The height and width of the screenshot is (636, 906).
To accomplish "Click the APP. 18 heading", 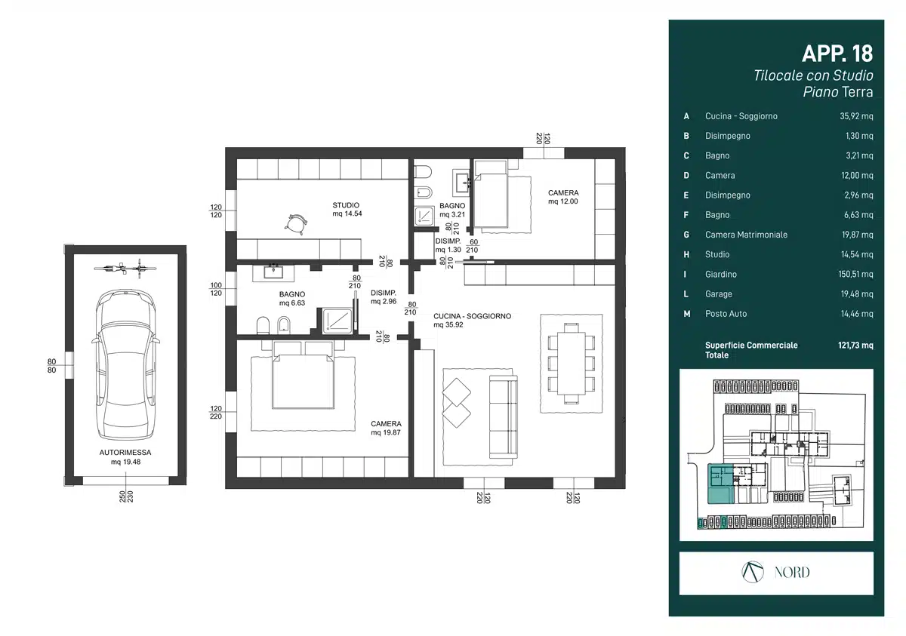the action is [x=837, y=54].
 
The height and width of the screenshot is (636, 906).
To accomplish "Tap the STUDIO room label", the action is [x=346, y=205].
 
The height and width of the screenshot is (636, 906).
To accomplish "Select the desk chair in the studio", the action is [x=296, y=224].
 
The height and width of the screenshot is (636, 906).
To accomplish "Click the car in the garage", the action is [x=125, y=364].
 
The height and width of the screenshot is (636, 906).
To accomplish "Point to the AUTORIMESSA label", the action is [x=125, y=453].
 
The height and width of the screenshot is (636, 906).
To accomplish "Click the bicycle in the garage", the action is [x=125, y=268].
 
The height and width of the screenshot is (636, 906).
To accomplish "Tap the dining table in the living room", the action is [x=571, y=363].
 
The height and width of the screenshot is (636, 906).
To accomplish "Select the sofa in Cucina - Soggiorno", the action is [x=504, y=416].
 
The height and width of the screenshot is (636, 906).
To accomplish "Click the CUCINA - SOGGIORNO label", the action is [x=472, y=316].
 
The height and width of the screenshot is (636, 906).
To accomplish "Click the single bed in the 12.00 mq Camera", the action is [x=491, y=195].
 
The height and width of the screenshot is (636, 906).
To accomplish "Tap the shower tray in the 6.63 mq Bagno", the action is [x=337, y=321].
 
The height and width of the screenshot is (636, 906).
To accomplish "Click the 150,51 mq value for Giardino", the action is [x=855, y=274].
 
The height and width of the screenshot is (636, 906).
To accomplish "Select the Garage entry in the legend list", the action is [x=719, y=293].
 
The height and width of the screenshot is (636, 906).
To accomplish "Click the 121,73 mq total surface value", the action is [x=855, y=345].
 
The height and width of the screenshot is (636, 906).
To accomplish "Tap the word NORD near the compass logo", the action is [x=792, y=572].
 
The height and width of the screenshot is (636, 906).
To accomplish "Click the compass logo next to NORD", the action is [x=752, y=572].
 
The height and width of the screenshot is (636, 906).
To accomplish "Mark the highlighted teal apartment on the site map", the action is [x=721, y=484].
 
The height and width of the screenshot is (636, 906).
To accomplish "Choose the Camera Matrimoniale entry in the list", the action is [x=746, y=235].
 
